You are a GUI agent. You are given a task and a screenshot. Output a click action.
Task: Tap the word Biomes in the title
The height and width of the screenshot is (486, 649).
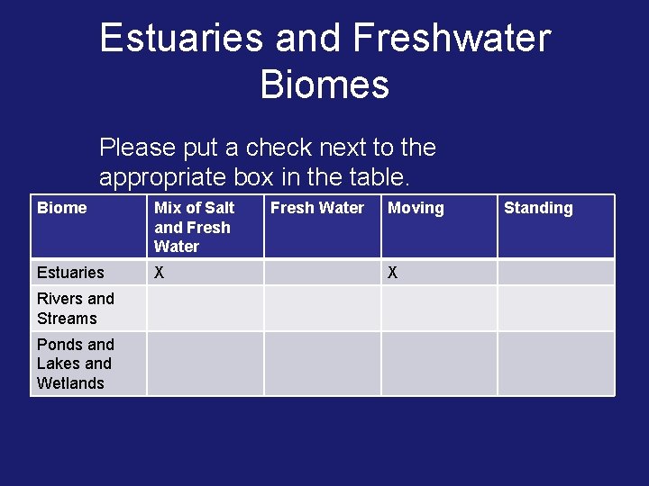[324, 85]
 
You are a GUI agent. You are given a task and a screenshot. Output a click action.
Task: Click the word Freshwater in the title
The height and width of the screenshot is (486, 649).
[452, 39]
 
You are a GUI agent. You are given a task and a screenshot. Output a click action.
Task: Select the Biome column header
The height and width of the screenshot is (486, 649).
[62, 208]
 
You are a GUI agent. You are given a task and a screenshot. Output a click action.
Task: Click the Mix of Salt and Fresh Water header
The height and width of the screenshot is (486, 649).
[194, 227]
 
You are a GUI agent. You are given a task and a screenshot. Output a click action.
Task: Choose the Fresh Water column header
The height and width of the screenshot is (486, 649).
[317, 208]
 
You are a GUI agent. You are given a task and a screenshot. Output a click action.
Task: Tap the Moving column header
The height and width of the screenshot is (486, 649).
[416, 208]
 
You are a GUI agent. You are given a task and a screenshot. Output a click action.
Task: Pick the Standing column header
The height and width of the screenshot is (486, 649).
[538, 208]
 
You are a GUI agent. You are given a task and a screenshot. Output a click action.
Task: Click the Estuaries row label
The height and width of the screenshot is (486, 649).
[70, 273]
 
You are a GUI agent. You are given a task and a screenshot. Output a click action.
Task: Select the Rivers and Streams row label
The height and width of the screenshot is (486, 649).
[76, 308]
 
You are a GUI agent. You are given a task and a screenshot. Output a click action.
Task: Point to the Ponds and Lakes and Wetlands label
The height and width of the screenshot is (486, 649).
[75, 364]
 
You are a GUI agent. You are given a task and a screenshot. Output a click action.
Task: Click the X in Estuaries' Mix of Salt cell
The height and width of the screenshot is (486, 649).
[160, 273]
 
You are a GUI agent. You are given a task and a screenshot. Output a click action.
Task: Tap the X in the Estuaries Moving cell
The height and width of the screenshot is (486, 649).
[392, 273]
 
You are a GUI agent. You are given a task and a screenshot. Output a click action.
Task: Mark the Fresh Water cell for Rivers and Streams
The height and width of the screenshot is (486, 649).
[322, 308]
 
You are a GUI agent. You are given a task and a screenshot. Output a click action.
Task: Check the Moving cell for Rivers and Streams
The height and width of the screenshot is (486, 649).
[438, 308]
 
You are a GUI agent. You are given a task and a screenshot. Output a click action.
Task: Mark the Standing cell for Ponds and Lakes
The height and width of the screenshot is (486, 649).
[555, 364]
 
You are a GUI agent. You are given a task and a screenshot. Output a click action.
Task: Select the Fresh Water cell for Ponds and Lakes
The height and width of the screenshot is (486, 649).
[322, 364]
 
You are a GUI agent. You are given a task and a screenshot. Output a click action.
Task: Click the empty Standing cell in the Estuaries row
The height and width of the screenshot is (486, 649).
[555, 273]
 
